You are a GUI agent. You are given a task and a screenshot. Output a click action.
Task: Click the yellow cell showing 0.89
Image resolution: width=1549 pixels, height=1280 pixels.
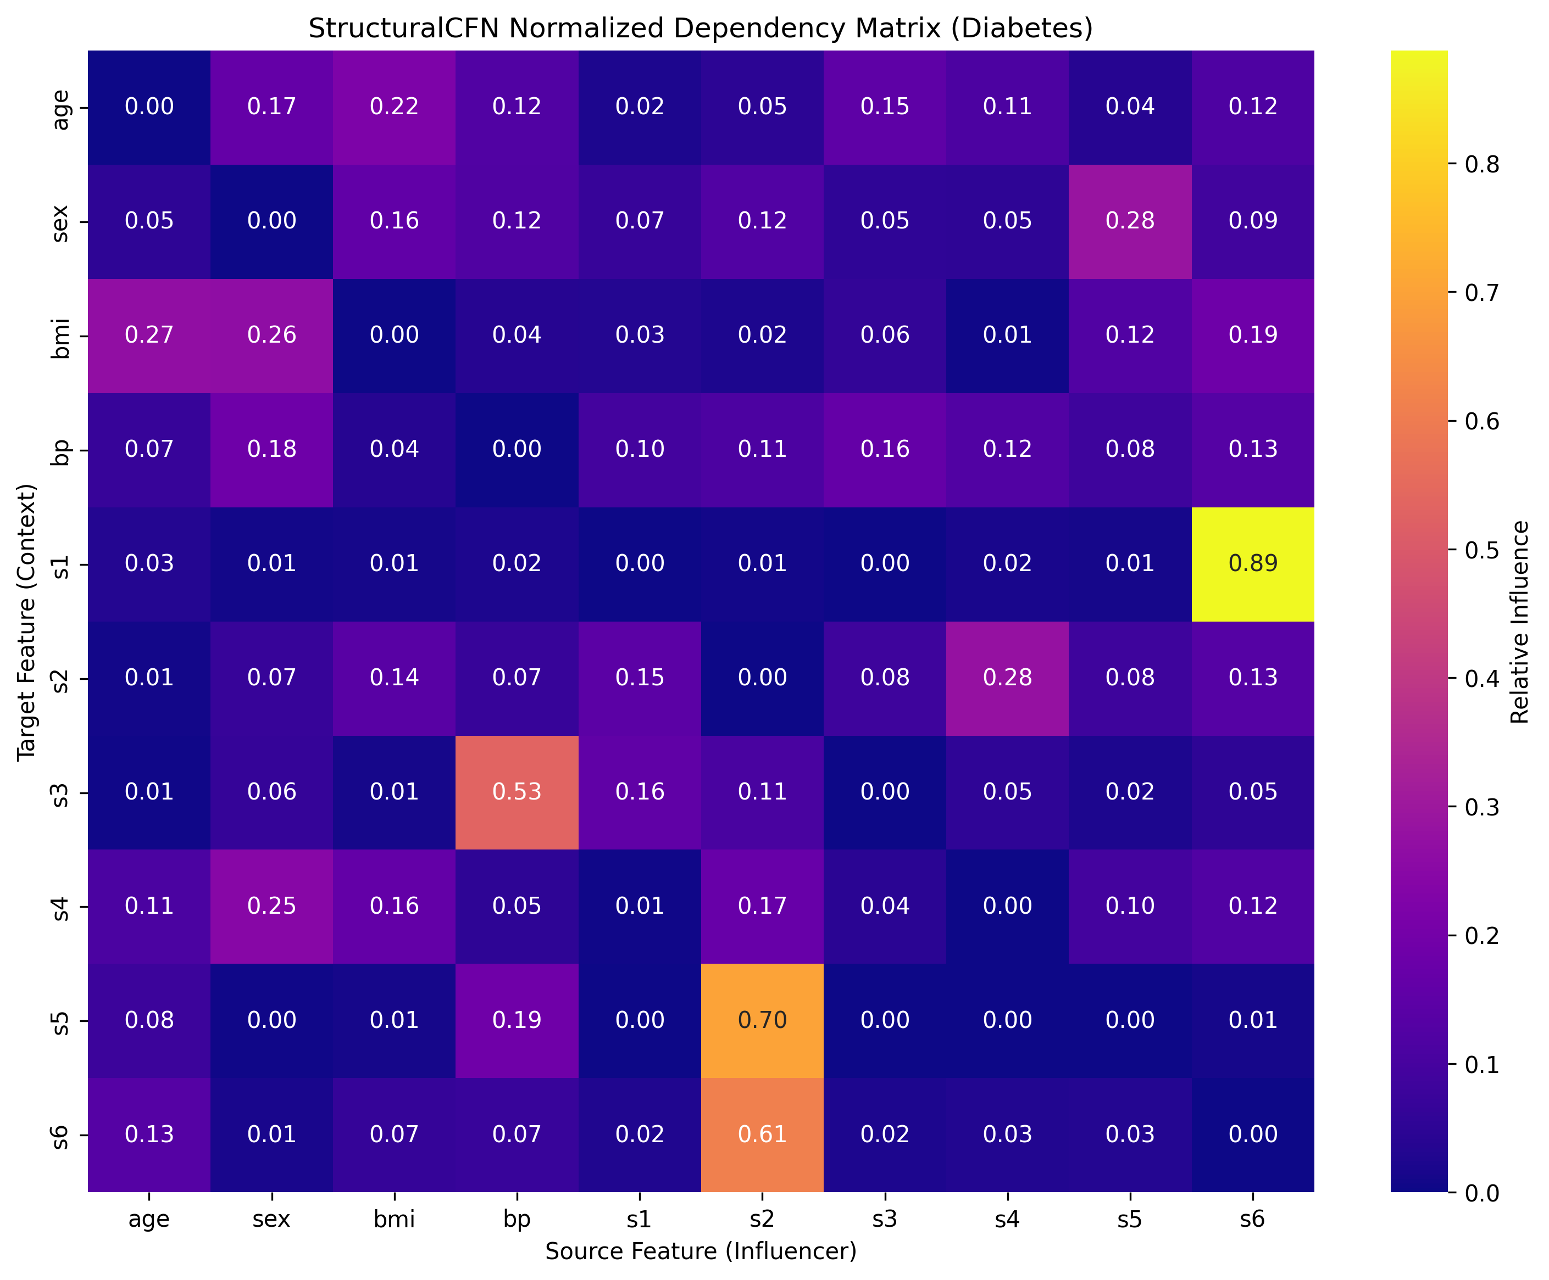1252,564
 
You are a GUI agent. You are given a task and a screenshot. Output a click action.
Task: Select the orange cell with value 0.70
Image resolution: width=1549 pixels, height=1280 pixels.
762,1020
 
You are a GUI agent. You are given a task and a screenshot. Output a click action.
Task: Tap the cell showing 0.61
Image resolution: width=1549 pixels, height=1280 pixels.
762,1134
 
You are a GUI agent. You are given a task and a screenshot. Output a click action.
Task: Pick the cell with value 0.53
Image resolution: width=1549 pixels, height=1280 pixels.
517,792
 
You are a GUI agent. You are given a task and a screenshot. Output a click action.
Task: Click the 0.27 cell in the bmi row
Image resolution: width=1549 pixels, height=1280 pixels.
149,336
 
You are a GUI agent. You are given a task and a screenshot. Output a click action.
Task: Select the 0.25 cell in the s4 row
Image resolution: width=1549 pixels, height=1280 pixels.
272,906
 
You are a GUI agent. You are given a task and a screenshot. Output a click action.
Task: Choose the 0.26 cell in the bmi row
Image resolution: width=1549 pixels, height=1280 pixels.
272,336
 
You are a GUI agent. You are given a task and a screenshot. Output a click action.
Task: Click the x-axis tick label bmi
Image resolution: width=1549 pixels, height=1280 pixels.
395,1220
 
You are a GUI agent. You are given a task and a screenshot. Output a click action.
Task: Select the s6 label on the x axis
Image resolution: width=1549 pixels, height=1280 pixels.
1252,1220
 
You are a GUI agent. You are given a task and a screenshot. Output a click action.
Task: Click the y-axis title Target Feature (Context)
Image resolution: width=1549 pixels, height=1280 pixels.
26,622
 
